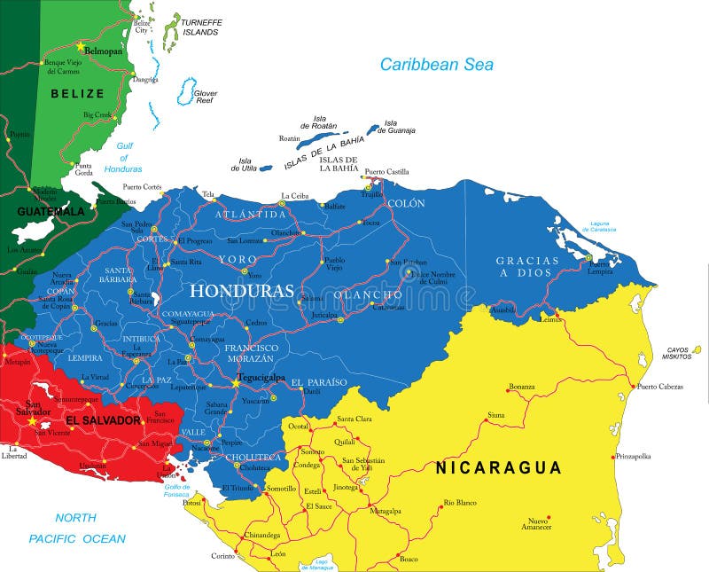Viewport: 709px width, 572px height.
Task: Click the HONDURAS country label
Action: tap(241, 291)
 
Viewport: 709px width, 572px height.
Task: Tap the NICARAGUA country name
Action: tap(498, 467)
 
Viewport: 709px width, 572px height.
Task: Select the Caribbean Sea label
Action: tap(436, 64)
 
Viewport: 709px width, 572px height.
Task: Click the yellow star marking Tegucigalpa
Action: tap(237, 383)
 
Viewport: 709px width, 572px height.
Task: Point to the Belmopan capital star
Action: tap(80, 45)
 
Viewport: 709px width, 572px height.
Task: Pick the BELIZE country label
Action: tap(77, 93)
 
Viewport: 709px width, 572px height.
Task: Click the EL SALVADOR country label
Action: tap(103, 419)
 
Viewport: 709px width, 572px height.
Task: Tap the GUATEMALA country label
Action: tap(51, 212)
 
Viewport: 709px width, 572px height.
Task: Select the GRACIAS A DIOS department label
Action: tap(527, 266)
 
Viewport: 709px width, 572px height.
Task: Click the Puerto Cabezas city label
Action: tap(660, 386)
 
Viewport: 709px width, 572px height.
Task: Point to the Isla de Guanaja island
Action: tap(373, 129)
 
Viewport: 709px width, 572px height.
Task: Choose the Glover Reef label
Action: tap(206, 97)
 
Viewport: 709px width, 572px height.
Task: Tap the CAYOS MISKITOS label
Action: tap(682, 352)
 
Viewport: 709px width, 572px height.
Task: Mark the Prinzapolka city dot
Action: tap(612, 457)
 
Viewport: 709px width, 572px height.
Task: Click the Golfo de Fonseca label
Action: tap(176, 490)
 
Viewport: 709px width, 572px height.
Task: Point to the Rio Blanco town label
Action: tap(460, 503)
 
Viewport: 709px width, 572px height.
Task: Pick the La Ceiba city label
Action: tap(295, 195)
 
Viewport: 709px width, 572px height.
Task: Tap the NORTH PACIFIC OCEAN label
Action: tap(76, 528)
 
